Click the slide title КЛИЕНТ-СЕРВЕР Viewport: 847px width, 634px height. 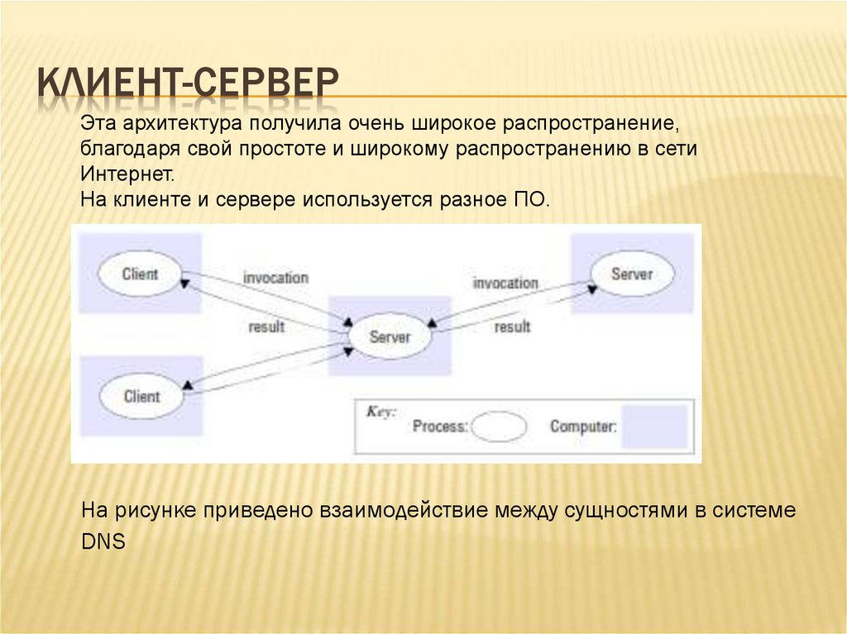point(189,86)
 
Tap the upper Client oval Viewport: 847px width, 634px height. point(140,273)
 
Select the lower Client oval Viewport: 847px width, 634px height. point(141,396)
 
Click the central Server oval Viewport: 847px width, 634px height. point(390,336)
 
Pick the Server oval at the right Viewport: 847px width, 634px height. point(632,274)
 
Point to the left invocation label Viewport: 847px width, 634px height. point(275,278)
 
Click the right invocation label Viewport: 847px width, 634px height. point(505,283)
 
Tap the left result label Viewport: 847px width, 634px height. point(266,327)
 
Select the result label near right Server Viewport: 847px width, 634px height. point(512,327)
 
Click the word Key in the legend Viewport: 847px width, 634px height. point(381,411)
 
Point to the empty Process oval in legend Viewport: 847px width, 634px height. point(499,427)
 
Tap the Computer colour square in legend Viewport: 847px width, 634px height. point(654,426)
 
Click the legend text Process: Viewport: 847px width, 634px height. point(440,427)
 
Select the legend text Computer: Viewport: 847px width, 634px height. point(583,427)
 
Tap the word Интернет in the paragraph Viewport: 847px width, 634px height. point(128,174)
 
